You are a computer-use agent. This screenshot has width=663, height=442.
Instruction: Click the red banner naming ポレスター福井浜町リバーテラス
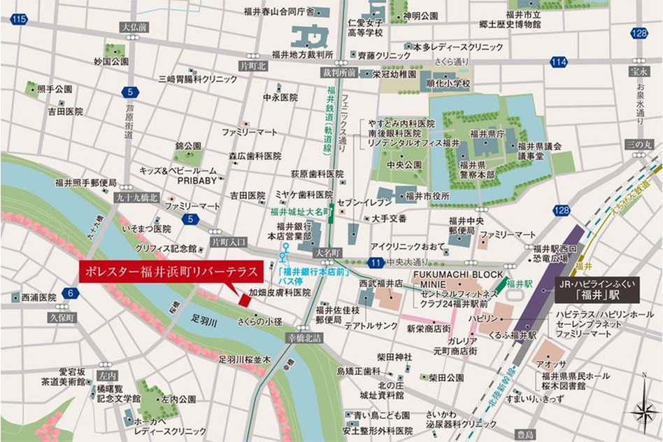(x=168, y=270)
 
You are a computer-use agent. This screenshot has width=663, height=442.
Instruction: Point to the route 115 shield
(x=19, y=19)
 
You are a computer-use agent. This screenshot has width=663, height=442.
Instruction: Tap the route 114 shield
(x=557, y=62)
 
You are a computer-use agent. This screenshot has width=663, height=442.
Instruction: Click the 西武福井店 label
(x=381, y=284)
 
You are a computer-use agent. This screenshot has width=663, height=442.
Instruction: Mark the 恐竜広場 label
(x=551, y=258)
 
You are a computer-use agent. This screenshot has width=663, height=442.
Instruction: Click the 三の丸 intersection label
(x=638, y=143)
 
